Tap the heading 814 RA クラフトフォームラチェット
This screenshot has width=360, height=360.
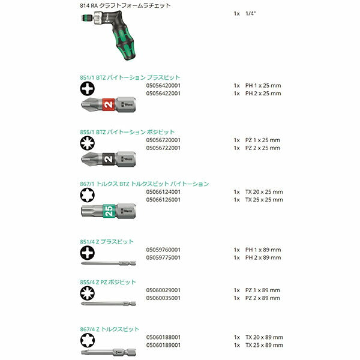125,5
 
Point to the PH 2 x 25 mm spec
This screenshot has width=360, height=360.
263,93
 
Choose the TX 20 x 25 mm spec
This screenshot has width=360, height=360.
264,192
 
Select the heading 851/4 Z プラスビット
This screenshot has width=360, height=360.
106,242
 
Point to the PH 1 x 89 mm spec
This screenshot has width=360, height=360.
263,250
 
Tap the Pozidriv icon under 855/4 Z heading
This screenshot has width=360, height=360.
87,293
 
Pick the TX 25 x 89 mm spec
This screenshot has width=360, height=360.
264,345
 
